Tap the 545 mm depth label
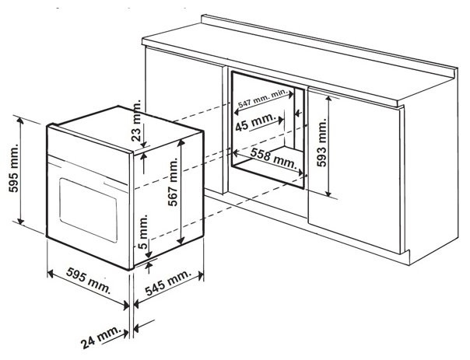(166, 284)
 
